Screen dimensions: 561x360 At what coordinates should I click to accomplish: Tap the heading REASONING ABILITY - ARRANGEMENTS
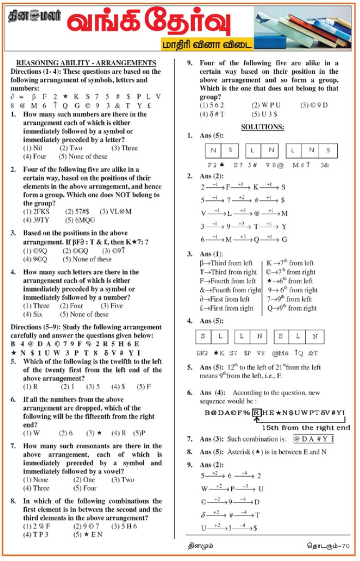tap(86, 63)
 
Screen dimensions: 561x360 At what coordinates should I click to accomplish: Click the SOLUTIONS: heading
tap(262, 127)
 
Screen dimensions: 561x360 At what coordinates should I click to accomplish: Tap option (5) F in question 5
tap(143, 386)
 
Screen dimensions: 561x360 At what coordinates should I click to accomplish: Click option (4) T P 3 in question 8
tap(37, 535)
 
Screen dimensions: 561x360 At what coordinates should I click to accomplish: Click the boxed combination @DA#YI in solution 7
tap(314, 439)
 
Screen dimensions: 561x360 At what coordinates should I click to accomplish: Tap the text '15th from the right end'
tap(305, 428)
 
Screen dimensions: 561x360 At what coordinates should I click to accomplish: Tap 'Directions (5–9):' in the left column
tap(39, 328)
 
